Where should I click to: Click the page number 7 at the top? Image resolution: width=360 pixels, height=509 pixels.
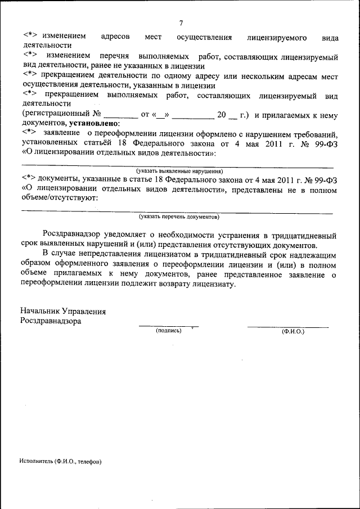click(x=181, y=23)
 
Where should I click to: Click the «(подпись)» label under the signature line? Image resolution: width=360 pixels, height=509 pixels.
click(x=169, y=331)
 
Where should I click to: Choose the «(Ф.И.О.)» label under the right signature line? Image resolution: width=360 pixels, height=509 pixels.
click(x=292, y=331)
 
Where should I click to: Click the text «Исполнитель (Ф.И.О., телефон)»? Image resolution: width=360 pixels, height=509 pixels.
click(x=60, y=461)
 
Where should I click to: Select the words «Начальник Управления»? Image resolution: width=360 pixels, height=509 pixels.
click(x=63, y=311)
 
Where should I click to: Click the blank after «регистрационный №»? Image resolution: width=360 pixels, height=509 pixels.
click(x=121, y=115)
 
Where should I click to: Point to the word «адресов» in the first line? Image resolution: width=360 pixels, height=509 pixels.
click(x=115, y=37)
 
